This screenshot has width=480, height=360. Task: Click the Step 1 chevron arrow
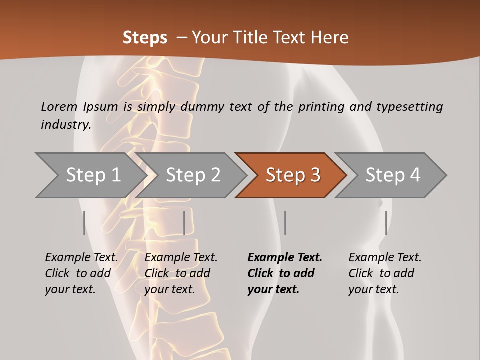tap(93, 175)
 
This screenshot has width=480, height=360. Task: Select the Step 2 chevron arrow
tap(193, 175)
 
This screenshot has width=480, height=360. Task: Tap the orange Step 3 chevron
tap(292, 175)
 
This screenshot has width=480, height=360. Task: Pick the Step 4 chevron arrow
tap(392, 175)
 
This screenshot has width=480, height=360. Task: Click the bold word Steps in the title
tap(145, 38)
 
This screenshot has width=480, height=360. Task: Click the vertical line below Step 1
tap(84, 223)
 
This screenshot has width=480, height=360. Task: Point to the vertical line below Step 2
tap(184, 223)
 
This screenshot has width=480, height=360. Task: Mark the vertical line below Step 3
tap(285, 223)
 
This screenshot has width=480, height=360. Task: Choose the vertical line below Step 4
tap(386, 223)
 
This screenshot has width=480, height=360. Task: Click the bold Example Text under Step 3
tap(285, 257)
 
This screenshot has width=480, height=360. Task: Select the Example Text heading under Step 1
tap(81, 257)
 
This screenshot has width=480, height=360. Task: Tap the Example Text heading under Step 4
tap(385, 257)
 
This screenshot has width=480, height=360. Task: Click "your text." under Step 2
tap(170, 289)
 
